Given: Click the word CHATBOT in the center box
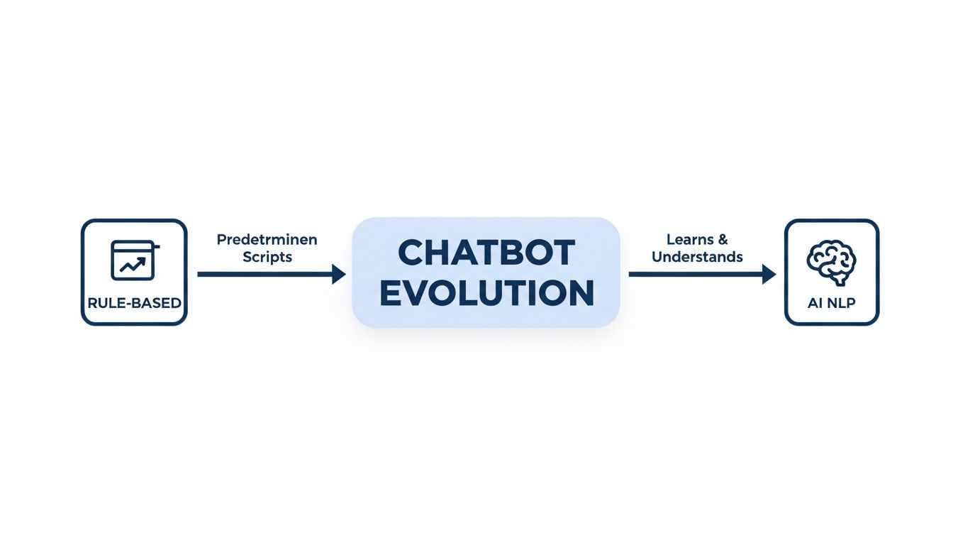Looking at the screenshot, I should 486,253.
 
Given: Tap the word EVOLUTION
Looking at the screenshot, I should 486,293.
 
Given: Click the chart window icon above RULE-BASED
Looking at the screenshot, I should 134,260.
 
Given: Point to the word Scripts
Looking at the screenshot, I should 267,257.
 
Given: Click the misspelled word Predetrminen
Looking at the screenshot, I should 267,240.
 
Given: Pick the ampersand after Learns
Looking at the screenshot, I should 723,240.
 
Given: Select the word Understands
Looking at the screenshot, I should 697,257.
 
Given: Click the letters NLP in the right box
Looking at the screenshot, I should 842,303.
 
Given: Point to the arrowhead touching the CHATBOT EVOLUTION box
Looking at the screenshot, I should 339,274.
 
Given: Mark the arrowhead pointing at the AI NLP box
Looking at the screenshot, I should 769,274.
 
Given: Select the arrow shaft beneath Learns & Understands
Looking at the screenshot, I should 695,274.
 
